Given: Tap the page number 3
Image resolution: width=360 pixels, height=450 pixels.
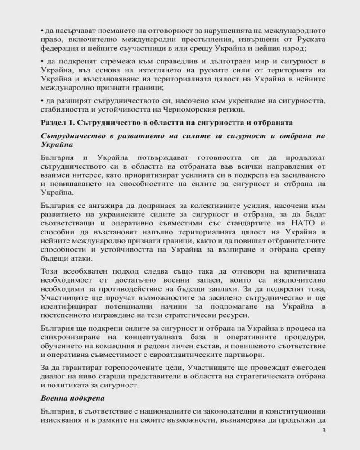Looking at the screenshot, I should pos(324,431).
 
